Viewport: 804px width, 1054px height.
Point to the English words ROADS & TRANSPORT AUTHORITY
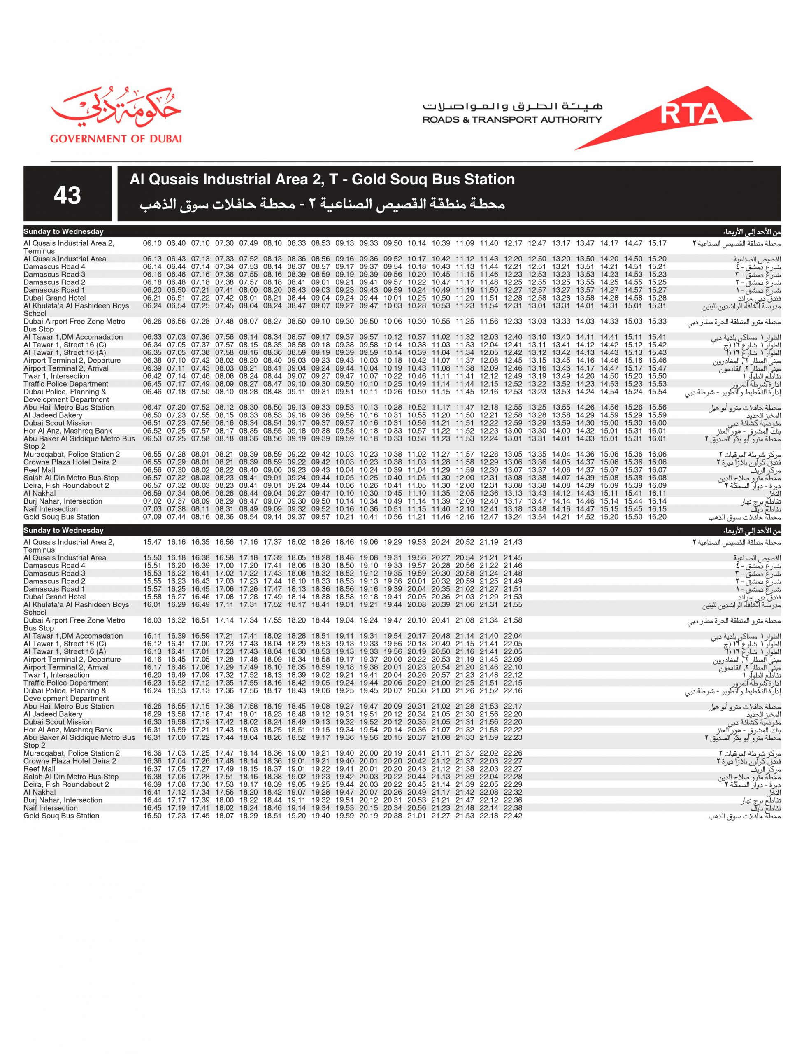512,120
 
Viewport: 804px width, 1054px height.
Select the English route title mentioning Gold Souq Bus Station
322,180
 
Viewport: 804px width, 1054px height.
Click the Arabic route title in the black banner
322,205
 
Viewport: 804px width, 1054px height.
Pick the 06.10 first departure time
152,243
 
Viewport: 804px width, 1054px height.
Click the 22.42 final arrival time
513,816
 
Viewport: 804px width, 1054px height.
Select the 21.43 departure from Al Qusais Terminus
513,542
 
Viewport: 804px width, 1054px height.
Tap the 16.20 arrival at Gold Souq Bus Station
657,517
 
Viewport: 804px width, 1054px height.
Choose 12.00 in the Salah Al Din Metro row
465,478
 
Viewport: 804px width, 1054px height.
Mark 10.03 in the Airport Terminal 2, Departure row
369,361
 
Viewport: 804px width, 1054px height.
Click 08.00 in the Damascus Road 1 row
249,290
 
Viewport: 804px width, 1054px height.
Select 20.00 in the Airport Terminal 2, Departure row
393,660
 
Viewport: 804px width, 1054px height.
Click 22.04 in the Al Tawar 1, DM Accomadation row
513,636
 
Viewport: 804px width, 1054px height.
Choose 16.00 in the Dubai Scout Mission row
657,423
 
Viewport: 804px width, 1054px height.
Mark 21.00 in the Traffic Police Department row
440,683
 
